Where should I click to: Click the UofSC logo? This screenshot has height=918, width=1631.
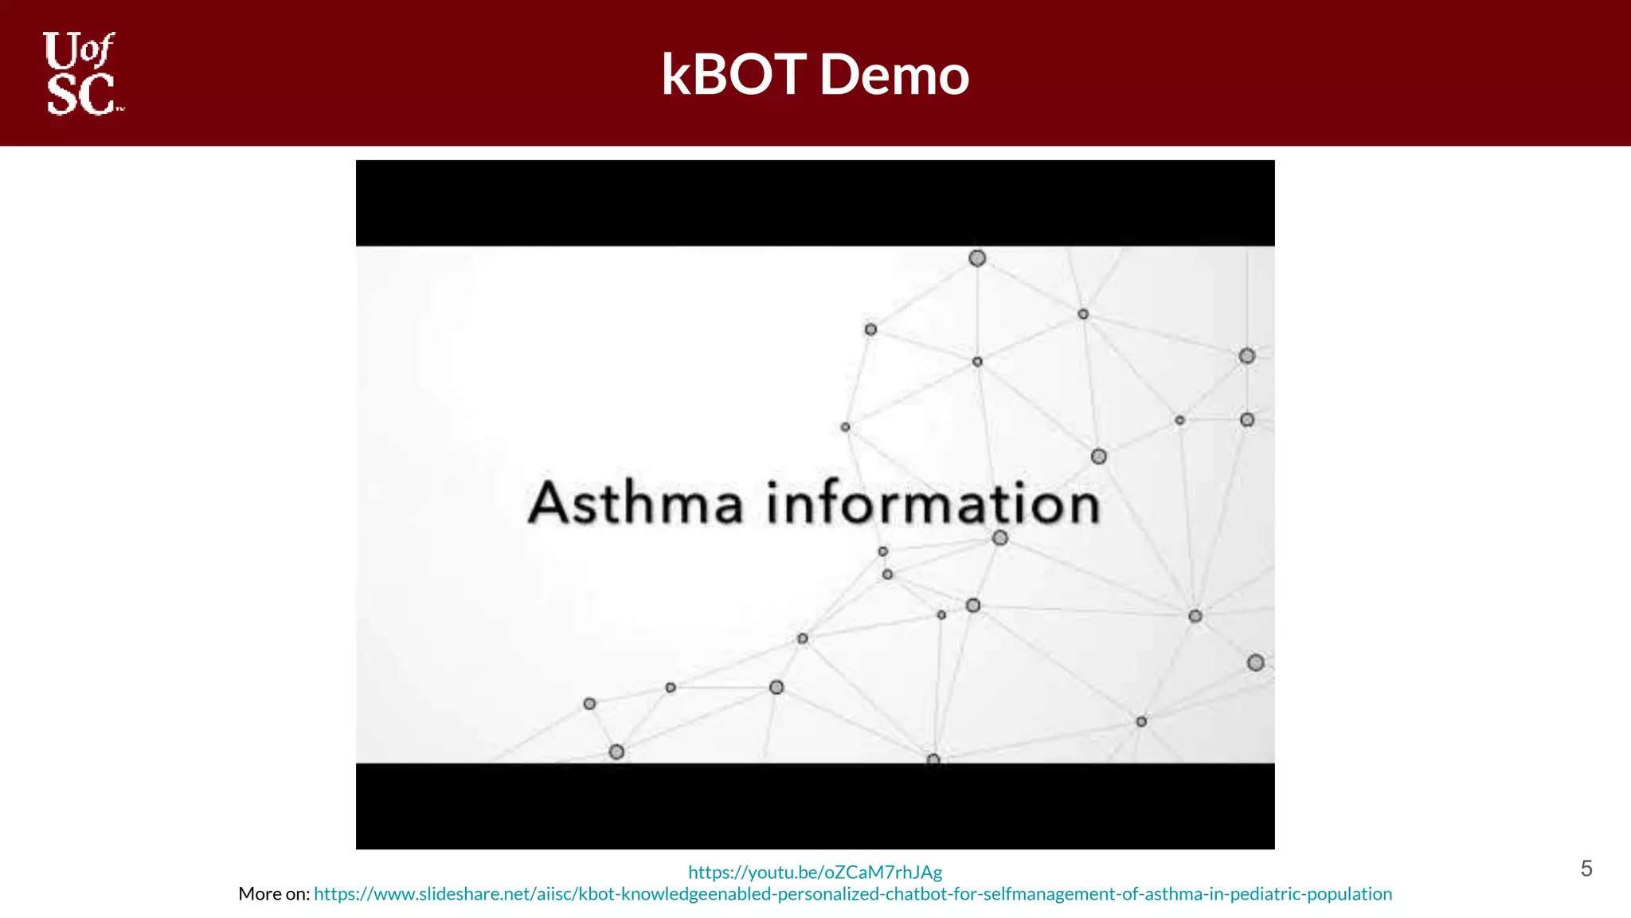point(82,73)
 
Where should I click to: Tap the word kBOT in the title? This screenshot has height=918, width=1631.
point(733,74)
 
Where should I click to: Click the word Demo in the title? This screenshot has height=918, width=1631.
point(894,74)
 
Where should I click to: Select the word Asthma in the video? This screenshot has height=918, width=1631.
point(636,503)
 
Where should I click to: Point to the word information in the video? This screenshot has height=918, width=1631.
point(933,503)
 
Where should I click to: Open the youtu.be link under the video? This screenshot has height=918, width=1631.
point(815,873)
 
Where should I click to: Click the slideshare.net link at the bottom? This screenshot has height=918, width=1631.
point(853,894)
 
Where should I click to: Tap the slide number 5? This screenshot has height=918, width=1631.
point(1586,869)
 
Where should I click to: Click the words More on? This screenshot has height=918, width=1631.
point(273,894)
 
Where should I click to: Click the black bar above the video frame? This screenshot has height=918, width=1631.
point(815,203)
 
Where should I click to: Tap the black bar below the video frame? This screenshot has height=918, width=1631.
point(815,806)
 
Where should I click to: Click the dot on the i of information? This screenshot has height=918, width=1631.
point(772,483)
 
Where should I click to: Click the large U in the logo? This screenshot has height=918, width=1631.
point(61,52)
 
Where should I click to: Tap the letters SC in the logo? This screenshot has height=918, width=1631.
point(80,95)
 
